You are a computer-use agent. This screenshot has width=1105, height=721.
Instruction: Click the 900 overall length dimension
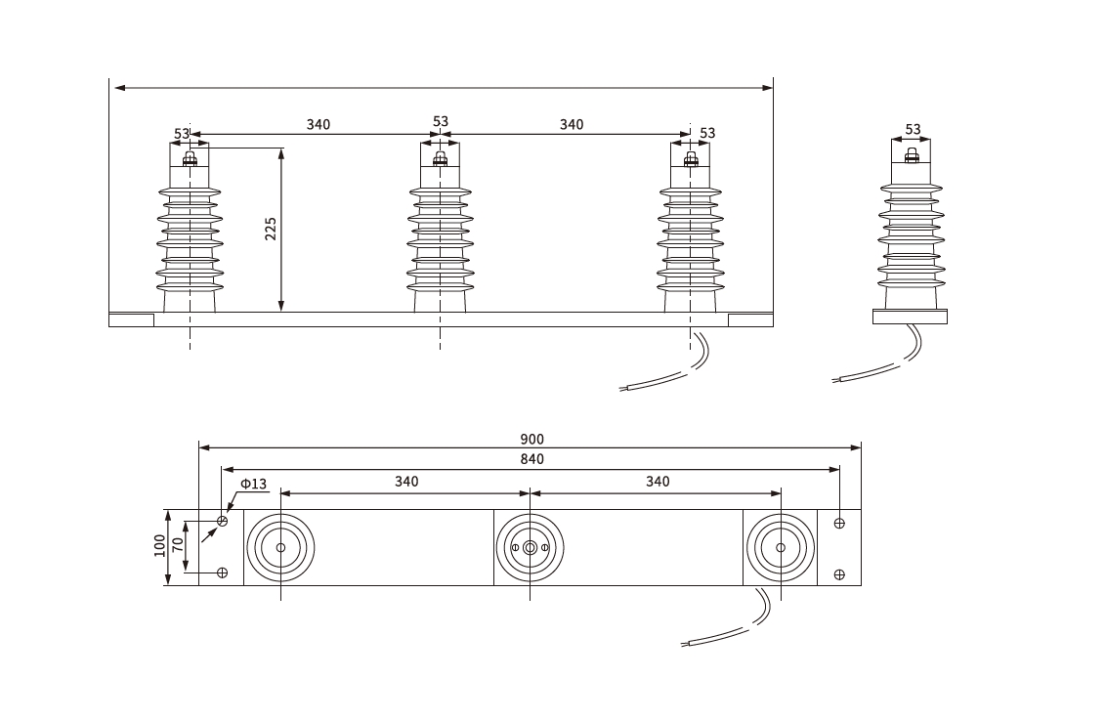coord(531,440)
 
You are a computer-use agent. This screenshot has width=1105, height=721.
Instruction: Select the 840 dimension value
coord(531,459)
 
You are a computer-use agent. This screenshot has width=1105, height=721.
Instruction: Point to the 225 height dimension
coord(272,228)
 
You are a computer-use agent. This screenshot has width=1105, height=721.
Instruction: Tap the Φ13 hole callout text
coord(253,484)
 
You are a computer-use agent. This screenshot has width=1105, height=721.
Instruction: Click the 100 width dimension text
coord(160,546)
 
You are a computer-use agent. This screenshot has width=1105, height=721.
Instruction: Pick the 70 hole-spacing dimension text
coord(178,546)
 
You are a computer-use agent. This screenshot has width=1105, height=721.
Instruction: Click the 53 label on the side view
coord(913,129)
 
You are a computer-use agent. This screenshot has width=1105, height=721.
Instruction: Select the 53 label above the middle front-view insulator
coord(441,122)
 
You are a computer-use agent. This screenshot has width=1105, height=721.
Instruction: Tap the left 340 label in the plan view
coord(406,482)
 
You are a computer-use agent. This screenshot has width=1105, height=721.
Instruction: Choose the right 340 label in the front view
coord(572,124)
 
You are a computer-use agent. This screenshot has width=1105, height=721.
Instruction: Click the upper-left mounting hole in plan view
coord(222,521)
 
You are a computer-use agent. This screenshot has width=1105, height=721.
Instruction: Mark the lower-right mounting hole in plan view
coord(839,573)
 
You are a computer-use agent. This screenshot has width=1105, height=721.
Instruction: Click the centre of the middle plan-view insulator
coord(530,548)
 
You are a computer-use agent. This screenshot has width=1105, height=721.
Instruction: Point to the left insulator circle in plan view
coord(280,548)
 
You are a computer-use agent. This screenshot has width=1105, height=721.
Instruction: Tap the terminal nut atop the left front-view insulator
coord(190,159)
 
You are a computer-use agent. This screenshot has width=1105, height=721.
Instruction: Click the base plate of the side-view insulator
coord(911,317)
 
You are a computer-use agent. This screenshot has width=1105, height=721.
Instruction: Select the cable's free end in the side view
coord(836,380)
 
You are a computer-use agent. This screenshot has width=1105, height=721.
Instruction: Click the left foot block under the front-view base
coord(131,319)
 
